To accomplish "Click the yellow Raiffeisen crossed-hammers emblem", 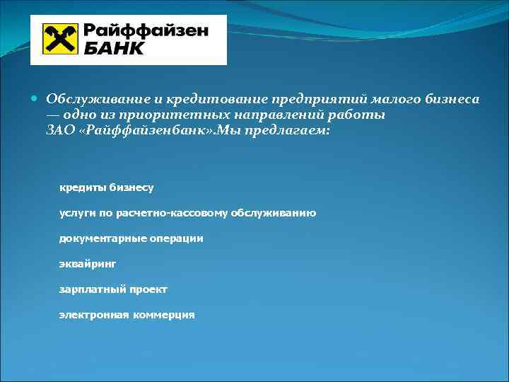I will tap(60, 39).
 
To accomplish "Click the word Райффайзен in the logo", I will tap(146, 31).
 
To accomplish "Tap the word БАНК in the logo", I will tap(114, 48).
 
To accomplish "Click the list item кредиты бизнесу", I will tap(106, 187).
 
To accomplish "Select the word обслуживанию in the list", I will tap(271, 213).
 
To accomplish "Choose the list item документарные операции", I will tap(131, 238).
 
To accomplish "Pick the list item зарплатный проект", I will tap(113, 289).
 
